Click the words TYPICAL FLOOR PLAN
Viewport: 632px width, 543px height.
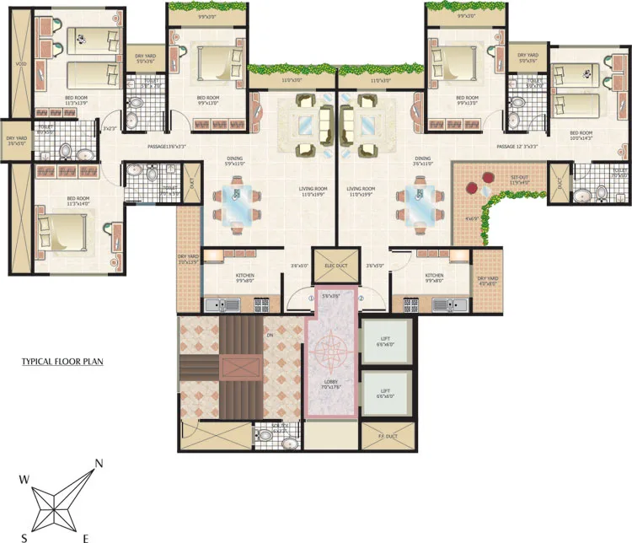[63, 363]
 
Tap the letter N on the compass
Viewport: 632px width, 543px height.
[99, 463]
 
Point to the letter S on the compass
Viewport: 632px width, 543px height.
[24, 537]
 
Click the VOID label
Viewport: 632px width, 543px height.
[19, 63]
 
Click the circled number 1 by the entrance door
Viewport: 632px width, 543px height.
[310, 298]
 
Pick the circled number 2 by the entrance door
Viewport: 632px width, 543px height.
[360, 298]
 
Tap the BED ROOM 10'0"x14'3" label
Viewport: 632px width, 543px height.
[582, 135]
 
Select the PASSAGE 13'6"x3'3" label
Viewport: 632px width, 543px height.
[168, 147]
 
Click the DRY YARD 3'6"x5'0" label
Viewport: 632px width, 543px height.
[17, 140]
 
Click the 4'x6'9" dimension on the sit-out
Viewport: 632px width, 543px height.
[473, 218]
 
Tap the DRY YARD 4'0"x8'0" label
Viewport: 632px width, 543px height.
[487, 280]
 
